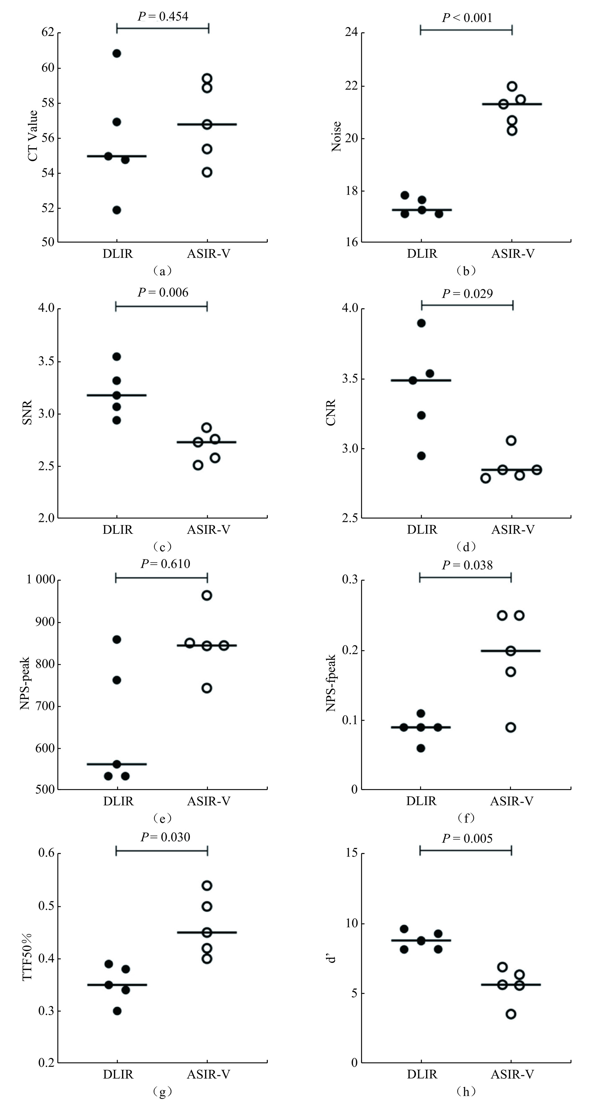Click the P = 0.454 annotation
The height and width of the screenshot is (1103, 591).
point(162,16)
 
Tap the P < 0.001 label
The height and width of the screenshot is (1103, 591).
point(467,18)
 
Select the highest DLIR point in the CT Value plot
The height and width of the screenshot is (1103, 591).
point(117,54)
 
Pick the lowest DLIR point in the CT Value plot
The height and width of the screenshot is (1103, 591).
point(117,210)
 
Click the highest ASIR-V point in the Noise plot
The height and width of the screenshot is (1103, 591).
point(512,86)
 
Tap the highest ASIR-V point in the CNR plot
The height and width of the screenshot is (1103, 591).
point(511,441)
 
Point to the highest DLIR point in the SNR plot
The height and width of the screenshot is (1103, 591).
point(117,356)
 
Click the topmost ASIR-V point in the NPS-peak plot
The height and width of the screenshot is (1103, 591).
point(207,595)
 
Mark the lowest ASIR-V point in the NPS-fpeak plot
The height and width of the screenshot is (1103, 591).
point(511,727)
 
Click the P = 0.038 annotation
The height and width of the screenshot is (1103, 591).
point(467,565)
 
